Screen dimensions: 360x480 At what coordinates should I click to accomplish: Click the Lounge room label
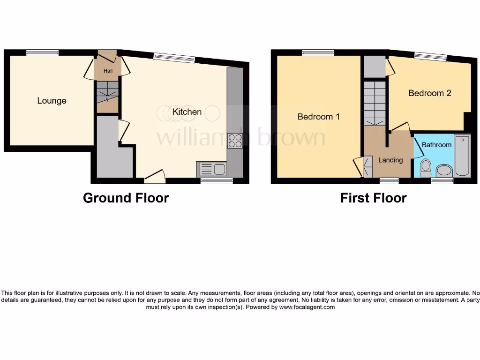[52, 101]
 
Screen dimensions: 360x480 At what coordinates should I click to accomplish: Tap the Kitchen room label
[187, 112]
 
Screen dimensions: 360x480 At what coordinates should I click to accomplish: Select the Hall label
[108, 71]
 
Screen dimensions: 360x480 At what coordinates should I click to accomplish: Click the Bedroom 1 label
[318, 117]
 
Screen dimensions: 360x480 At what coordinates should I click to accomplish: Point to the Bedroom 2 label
[429, 93]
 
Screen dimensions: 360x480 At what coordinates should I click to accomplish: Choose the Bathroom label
[436, 145]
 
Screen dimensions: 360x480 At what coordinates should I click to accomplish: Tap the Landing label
[390, 160]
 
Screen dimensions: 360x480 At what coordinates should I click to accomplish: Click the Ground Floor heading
[126, 198]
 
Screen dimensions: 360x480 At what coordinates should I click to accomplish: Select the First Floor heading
[373, 198]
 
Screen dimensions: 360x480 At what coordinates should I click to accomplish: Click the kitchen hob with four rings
[235, 141]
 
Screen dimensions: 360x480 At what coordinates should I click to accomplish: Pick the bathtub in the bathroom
[462, 156]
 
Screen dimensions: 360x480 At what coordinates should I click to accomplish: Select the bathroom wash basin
[443, 170]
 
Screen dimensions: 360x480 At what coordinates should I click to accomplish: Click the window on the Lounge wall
[42, 52]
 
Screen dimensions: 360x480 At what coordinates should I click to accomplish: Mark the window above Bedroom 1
[318, 52]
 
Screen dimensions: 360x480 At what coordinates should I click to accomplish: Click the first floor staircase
[375, 102]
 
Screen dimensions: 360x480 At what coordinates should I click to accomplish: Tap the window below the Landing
[389, 180]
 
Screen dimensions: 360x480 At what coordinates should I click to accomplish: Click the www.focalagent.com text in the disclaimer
[307, 307]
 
